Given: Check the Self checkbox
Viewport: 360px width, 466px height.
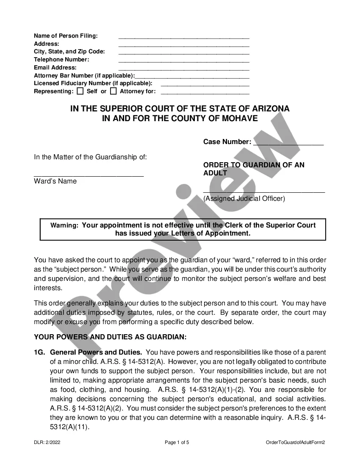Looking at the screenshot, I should [x=80, y=91].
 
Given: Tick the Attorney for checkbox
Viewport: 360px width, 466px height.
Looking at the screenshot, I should [x=113, y=91].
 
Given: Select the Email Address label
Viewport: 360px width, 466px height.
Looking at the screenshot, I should [x=55, y=67].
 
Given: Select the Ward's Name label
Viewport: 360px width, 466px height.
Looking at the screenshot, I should [x=55, y=181].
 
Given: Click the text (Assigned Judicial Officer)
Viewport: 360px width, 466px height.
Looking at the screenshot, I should [x=244, y=198].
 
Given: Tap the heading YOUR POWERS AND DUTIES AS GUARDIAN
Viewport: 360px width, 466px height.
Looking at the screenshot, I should [x=110, y=337].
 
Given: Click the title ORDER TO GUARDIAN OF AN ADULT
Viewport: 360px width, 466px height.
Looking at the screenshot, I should [x=254, y=169].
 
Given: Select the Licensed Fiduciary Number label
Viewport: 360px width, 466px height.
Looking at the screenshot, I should [x=93, y=83].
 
